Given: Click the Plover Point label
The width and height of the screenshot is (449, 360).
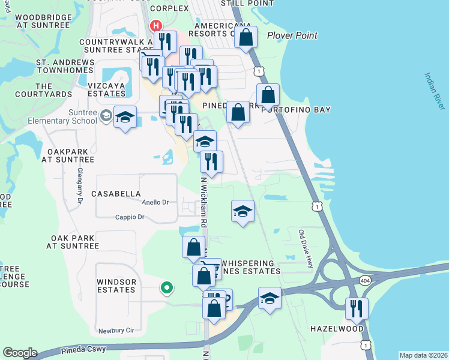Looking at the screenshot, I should point(292,35).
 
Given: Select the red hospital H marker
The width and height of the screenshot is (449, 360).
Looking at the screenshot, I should point(156,26).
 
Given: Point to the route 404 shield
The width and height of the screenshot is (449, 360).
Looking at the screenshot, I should point(365,280).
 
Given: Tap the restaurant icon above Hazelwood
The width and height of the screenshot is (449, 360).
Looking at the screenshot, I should point(357,308).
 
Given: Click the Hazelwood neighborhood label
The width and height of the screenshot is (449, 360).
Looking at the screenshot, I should point(337,329).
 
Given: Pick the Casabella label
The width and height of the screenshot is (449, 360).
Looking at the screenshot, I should point(116,194).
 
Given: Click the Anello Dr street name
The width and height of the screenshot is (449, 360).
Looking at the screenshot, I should point(155,203).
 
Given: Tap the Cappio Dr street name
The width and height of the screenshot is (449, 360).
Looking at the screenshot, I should point(131,217).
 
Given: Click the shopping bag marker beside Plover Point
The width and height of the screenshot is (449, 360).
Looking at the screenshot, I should point(246,37).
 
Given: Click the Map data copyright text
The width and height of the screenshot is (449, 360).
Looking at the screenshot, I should point(423,355).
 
